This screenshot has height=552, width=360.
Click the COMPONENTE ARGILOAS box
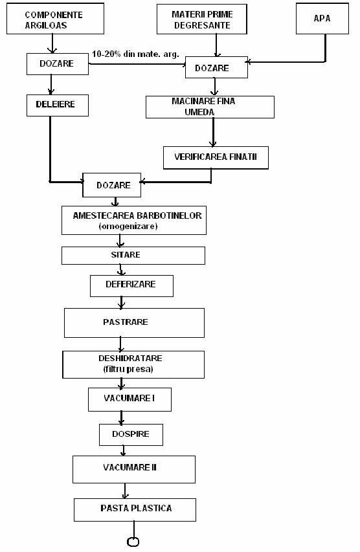pos(55,19)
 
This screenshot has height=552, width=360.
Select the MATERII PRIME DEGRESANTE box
pos(202,19)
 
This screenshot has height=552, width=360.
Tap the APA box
pos(322,19)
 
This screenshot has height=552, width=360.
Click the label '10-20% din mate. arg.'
pos(135,54)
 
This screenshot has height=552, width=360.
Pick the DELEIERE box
pos(58,105)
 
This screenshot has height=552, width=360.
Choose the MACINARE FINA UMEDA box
pos(210,107)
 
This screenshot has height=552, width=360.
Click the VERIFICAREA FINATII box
pos(216,158)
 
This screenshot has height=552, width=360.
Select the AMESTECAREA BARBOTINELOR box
pos(134,221)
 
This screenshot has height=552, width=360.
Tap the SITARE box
pos(133,256)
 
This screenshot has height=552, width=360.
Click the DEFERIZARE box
pos(131,286)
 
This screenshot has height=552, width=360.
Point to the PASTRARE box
pos(134,323)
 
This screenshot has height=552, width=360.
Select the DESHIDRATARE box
pos(133,364)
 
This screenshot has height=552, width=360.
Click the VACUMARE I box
pos(129,399)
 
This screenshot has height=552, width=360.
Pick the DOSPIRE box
pos(131,435)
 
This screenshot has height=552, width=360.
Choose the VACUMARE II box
pos(134,469)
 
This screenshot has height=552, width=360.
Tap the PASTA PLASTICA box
pos(135,510)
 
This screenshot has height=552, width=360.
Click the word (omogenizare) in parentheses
pos(128,226)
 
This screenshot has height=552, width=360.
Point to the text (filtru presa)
pos(128,369)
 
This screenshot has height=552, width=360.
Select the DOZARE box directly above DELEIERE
pos(58,64)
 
